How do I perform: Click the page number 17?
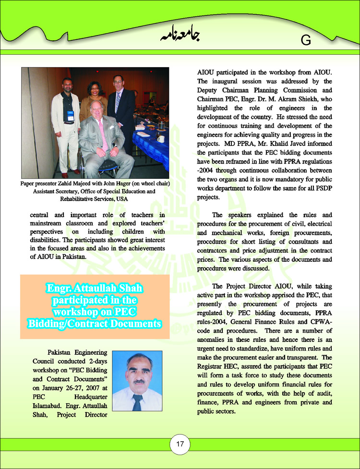coord(180,444)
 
